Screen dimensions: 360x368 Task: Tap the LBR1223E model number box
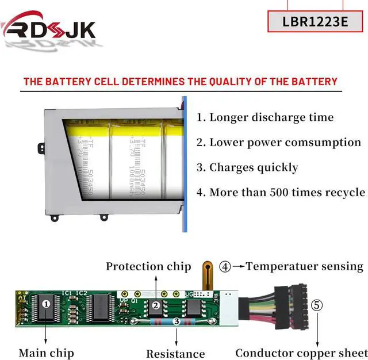[x=316, y=21]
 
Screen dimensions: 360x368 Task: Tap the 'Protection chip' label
[x=148, y=266]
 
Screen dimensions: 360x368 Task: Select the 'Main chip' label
[x=46, y=353]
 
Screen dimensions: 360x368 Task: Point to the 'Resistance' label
[x=175, y=354]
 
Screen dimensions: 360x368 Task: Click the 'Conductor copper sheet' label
[x=301, y=353]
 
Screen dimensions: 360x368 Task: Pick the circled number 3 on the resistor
[x=176, y=321]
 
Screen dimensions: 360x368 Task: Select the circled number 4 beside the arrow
[x=225, y=266]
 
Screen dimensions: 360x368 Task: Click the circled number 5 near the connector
[x=317, y=305]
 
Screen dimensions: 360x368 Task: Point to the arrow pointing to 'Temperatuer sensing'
[x=239, y=266]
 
